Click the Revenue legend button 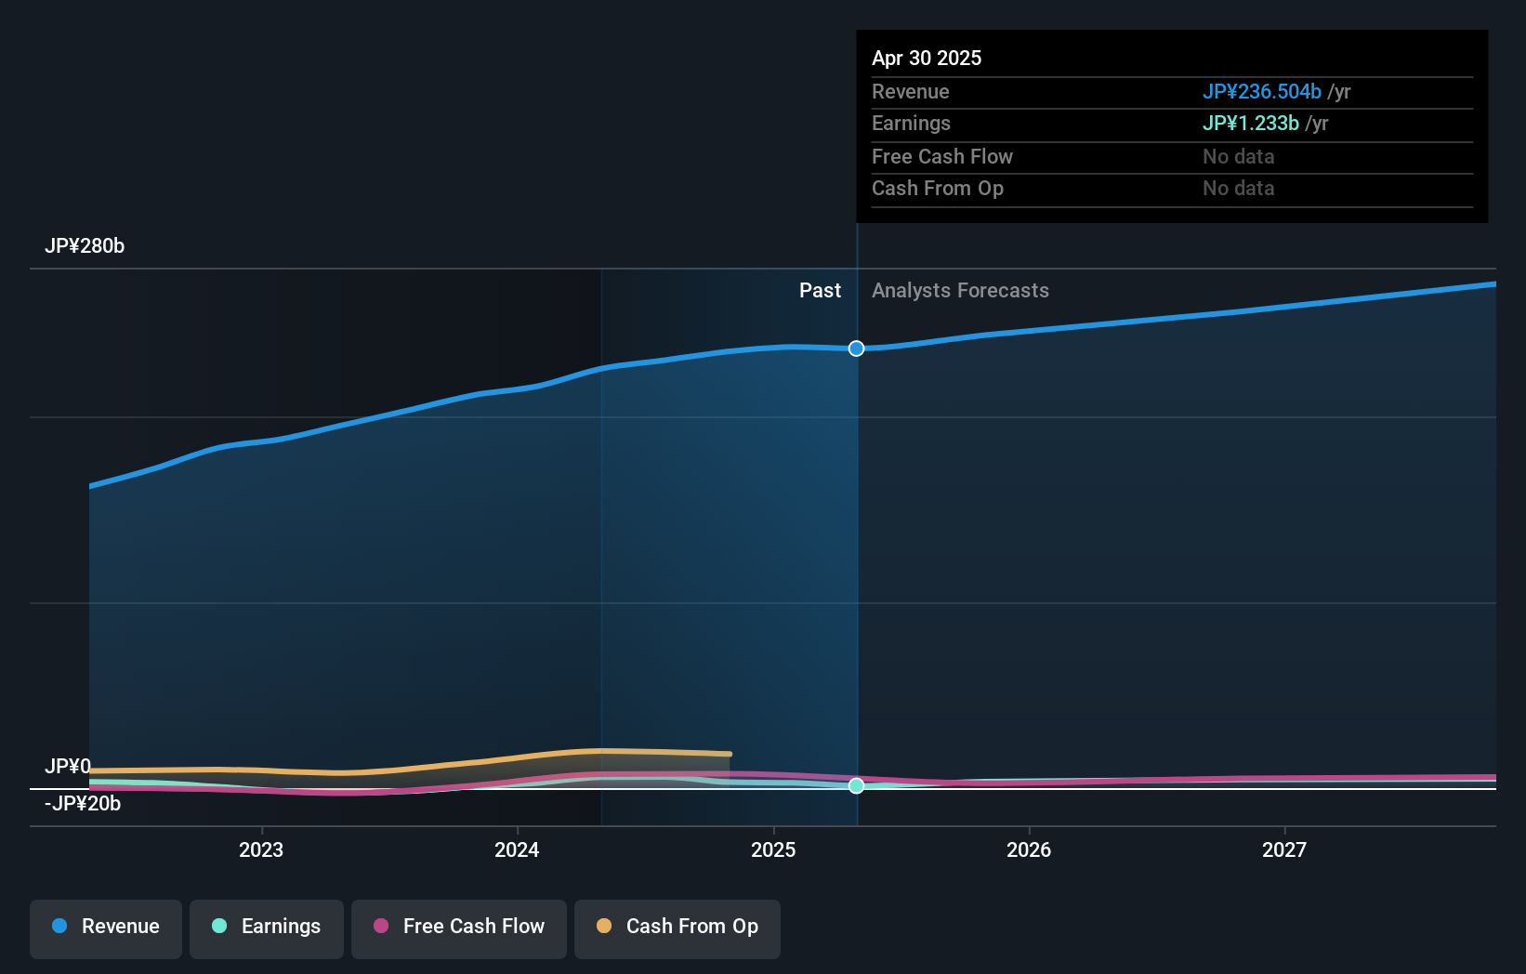106,928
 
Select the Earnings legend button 267,928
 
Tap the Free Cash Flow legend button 459,928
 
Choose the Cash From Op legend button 677,928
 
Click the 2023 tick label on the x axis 261,849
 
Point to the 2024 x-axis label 517,849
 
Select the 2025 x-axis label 773,849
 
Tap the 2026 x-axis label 1029,849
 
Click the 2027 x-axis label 1284,849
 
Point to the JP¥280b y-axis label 85,246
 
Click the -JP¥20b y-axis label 83,804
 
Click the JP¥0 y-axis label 68,767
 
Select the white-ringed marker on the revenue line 857,349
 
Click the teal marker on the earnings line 857,786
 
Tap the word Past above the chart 820,291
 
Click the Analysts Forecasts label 960,291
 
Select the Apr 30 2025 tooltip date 927,59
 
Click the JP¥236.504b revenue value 1261,92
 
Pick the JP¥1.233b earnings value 1250,124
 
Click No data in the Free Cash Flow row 1238,157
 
